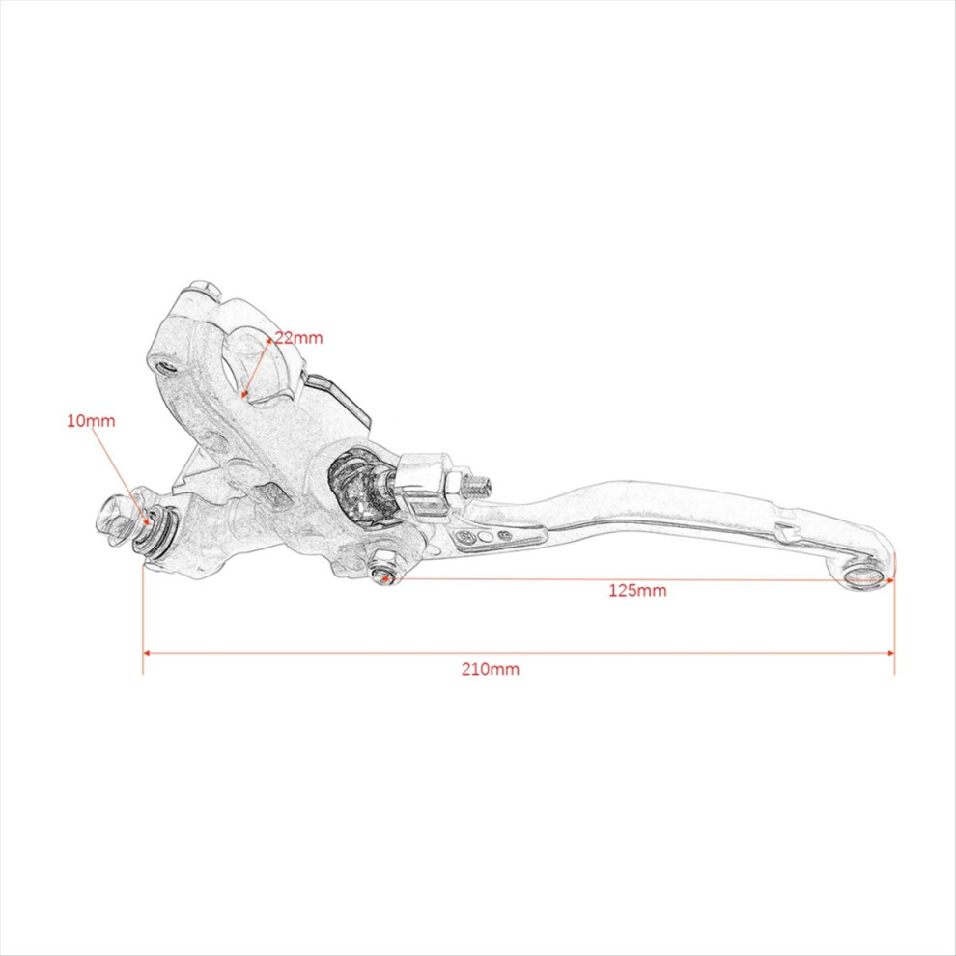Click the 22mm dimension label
[298, 337]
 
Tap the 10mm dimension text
[91, 421]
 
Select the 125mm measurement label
[637, 590]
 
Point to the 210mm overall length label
[491, 669]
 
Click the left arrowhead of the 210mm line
[146, 653]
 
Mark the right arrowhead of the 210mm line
[890, 653]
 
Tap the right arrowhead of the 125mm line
[890, 580]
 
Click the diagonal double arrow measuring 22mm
[257, 366]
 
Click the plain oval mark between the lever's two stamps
[486, 537]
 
